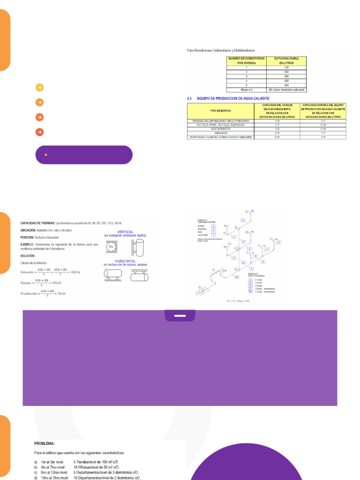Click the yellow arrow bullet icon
coord(40,87)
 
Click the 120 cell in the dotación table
coord(286,67)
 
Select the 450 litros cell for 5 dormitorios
coord(286,85)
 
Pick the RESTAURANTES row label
coord(220,128)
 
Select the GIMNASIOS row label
coord(220,133)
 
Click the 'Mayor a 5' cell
coord(247,89)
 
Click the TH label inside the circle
coord(111,247)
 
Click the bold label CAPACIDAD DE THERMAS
coord(37,223)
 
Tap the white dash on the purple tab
coord(180,316)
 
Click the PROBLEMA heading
coord(45,443)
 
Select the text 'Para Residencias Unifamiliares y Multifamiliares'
coord(220,49)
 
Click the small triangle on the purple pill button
coord(45,154)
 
